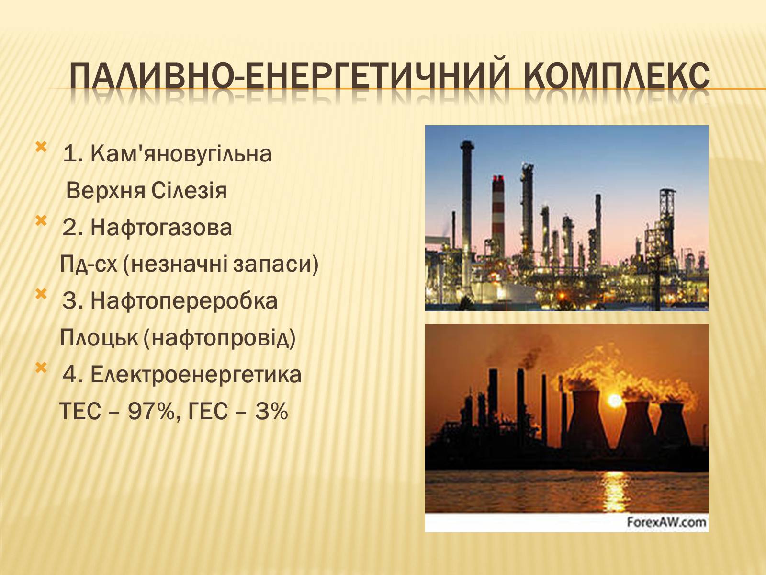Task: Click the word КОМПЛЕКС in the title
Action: pos(617,75)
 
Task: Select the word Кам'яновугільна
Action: pos(181,154)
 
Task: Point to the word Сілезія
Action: pos(189,191)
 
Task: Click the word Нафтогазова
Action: pos(161,228)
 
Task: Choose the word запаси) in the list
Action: pos(276,264)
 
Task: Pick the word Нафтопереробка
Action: pos(184,301)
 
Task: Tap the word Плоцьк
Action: pos(99,338)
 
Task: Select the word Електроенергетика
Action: pos(196,375)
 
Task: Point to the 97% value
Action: pos(151,411)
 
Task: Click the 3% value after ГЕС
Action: pos(271,411)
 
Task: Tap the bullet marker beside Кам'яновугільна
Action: pos(41,147)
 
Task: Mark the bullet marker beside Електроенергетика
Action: pos(41,368)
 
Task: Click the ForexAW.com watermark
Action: pos(666,522)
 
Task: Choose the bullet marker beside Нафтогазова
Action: pos(41,220)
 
